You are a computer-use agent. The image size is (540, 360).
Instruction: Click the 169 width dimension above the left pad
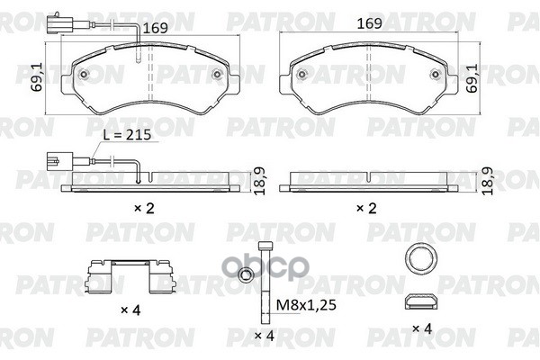155,28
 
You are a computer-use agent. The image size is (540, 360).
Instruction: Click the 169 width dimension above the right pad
370,23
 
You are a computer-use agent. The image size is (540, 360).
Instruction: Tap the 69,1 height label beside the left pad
37,76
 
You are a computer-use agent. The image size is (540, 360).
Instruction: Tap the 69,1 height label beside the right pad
472,78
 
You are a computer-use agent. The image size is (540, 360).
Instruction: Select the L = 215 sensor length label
128,135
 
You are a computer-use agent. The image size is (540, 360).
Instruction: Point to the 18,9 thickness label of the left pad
260,181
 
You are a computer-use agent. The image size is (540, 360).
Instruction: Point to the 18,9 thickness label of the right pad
488,181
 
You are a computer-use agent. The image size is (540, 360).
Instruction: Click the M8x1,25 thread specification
306,305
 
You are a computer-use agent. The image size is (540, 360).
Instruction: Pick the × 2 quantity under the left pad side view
144,208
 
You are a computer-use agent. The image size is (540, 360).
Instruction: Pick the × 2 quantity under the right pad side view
366,208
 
